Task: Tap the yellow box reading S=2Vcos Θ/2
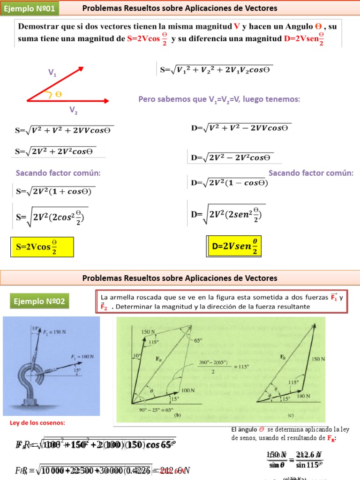click(x=42, y=247)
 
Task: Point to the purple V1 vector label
click(x=52, y=73)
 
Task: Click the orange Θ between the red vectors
click(x=59, y=94)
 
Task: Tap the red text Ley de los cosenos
click(x=37, y=423)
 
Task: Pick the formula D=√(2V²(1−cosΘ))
click(x=229, y=183)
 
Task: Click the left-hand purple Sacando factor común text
click(x=58, y=173)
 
